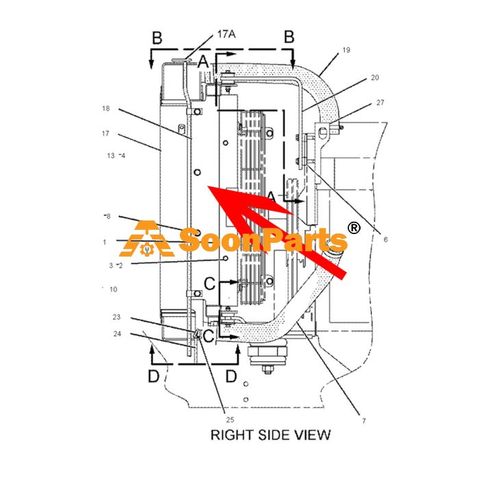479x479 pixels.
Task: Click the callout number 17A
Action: (x=226, y=34)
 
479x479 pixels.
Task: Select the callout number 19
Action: (x=346, y=50)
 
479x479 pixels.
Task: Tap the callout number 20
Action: (x=375, y=77)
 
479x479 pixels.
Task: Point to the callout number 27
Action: (x=380, y=103)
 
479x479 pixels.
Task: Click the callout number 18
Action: (x=105, y=108)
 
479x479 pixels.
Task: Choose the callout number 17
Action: (x=105, y=133)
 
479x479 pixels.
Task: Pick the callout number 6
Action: (x=385, y=239)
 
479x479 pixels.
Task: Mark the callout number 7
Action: (x=364, y=421)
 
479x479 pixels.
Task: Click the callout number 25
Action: (x=230, y=419)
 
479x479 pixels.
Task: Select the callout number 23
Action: (x=116, y=317)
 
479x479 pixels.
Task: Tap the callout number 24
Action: (x=117, y=334)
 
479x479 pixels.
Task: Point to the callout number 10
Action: (x=114, y=289)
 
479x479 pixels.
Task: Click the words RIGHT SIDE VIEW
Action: (x=271, y=435)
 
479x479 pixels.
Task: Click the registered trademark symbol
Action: (x=354, y=228)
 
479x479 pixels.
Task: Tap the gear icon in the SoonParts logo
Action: (x=145, y=250)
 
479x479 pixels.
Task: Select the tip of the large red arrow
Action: (x=207, y=185)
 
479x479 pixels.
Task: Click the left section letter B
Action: (x=157, y=38)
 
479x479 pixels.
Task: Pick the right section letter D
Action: (x=231, y=376)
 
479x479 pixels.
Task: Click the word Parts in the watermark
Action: (x=305, y=241)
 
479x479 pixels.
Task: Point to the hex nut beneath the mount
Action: (x=268, y=370)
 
